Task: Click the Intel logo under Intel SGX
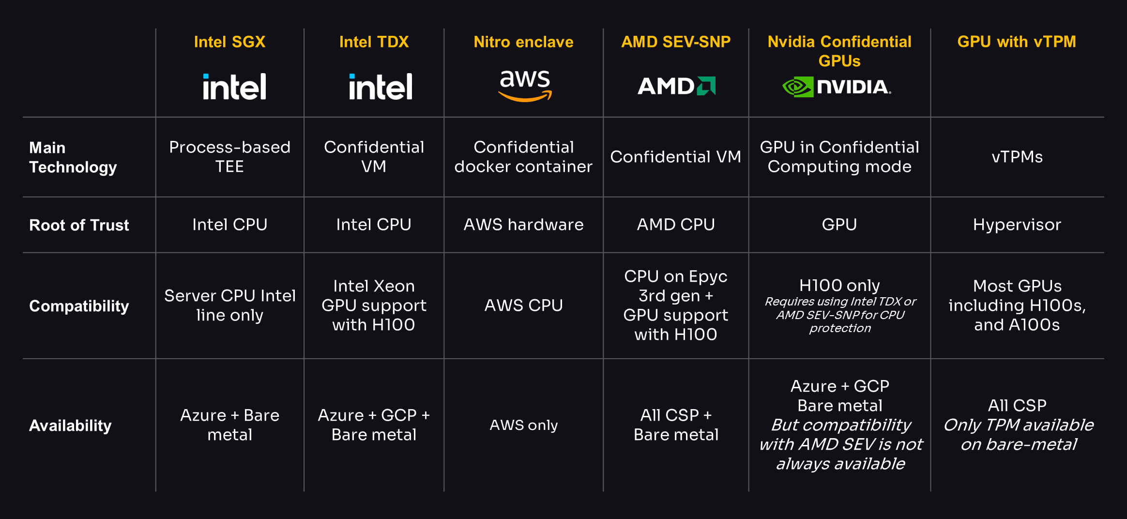click(x=234, y=87)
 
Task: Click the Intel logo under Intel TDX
click(x=381, y=87)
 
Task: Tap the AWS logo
click(x=525, y=86)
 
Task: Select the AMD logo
click(x=676, y=86)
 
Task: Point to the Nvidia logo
click(x=837, y=87)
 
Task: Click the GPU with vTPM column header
click(x=1017, y=42)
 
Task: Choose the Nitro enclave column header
click(x=523, y=42)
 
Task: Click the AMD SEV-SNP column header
click(x=676, y=42)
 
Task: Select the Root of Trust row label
click(x=79, y=225)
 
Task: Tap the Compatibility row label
click(x=79, y=306)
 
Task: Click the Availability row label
click(x=70, y=426)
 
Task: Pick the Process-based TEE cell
click(x=229, y=157)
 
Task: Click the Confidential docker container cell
click(x=523, y=157)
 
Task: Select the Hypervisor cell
click(x=1017, y=225)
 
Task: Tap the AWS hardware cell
click(x=523, y=225)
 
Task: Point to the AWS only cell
click(x=523, y=425)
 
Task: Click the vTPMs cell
click(x=1017, y=157)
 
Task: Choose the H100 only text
click(x=839, y=286)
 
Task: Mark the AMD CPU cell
click(x=676, y=225)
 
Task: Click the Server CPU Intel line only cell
click(x=229, y=305)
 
